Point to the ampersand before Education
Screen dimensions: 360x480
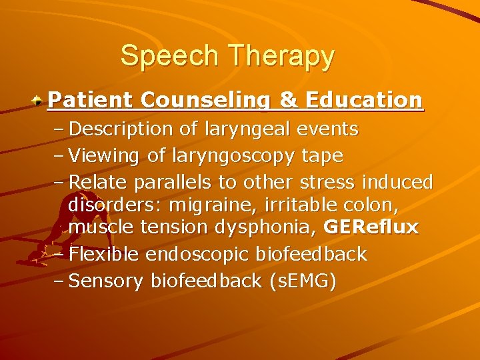288,100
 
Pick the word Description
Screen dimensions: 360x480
115,129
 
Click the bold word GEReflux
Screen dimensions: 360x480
371,227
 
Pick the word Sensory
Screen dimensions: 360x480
107,282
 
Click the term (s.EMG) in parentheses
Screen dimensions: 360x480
301,281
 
